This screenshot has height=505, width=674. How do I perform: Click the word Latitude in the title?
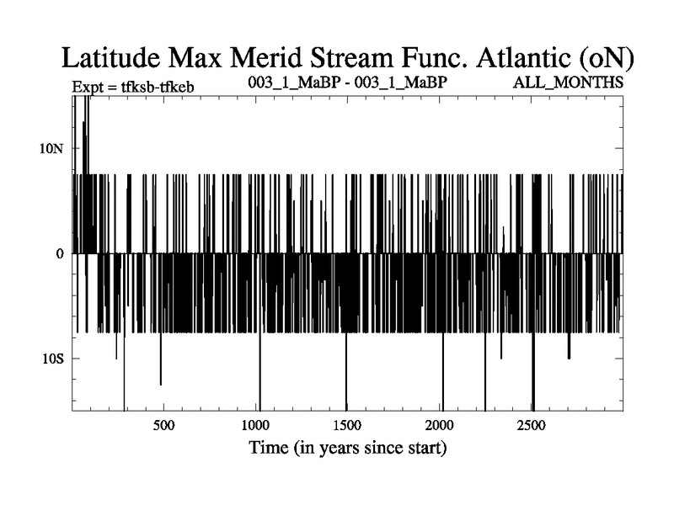point(115,58)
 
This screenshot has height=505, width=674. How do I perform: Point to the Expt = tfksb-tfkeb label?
point(133,86)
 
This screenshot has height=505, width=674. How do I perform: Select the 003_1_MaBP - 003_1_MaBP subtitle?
point(347,83)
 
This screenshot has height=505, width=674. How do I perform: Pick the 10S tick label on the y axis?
point(55,359)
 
